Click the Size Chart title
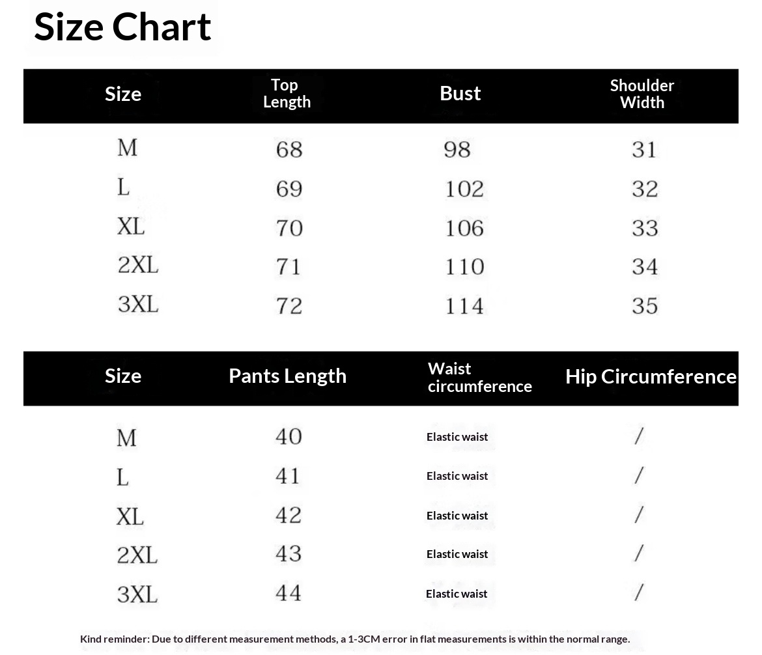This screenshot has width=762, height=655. [122, 27]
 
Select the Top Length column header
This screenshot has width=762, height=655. [287, 93]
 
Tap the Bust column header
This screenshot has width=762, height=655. [460, 93]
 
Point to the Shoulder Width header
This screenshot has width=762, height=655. [642, 94]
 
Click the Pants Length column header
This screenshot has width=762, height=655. [287, 376]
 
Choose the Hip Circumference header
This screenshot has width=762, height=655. [651, 376]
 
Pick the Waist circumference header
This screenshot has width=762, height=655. [479, 378]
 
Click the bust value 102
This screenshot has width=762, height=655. [464, 189]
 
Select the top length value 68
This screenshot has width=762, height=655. [289, 150]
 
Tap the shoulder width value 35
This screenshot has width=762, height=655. [645, 305]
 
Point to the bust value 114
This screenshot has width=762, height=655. [464, 305]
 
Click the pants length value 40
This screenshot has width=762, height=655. [289, 436]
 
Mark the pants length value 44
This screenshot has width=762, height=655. [289, 592]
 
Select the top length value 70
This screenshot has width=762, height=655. [289, 228]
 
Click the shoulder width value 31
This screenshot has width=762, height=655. [645, 150]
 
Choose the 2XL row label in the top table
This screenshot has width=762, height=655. [138, 266]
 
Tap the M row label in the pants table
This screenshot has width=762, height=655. [126, 438]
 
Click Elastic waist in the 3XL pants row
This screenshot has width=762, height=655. [457, 594]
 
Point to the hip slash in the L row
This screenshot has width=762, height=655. [639, 475]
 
